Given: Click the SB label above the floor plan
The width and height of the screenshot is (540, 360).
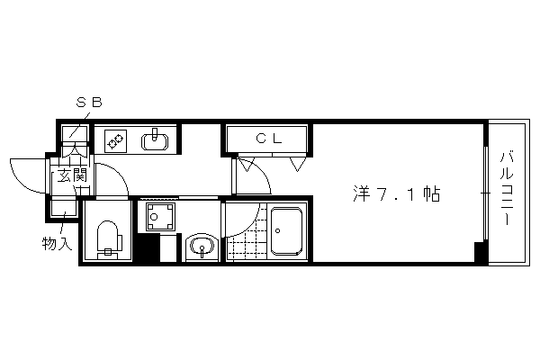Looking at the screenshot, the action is (89, 103).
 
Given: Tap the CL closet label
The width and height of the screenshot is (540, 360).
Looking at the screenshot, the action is (269, 139).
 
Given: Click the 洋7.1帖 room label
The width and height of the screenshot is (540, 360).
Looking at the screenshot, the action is (397, 194).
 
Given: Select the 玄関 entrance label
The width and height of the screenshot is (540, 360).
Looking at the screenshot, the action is (72, 175).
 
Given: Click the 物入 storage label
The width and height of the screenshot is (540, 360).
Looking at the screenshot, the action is (57, 243).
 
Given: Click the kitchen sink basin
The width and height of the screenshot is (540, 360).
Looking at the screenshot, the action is (155, 141).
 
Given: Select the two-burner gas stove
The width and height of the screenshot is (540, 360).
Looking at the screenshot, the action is (115, 141).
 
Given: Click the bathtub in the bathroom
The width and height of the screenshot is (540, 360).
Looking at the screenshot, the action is (286, 231).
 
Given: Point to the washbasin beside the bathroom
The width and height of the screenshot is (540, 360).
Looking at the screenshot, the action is (202, 247).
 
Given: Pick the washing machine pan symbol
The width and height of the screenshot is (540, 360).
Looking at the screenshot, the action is (160, 217).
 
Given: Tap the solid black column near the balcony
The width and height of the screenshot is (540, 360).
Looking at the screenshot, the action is (480, 253).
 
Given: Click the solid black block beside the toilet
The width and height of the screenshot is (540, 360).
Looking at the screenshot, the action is (147, 247).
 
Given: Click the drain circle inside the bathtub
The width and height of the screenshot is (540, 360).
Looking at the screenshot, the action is (277, 231).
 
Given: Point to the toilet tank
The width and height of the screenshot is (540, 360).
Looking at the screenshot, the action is (108, 254).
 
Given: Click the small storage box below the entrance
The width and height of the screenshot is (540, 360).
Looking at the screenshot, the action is (63, 208).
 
